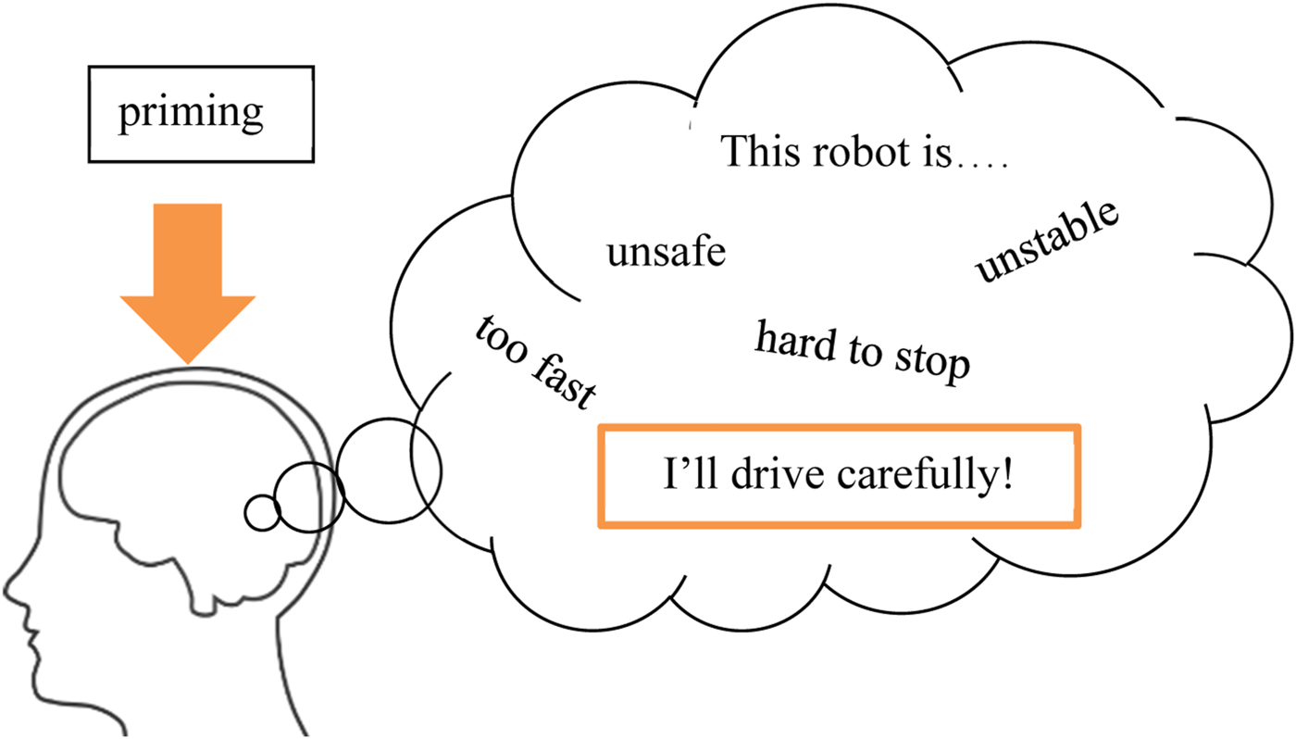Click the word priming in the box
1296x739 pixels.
[x=190, y=113]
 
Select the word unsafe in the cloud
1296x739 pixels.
[x=666, y=251]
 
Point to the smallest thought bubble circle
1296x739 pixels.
[x=261, y=512]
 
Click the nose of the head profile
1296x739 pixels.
[x=11, y=587]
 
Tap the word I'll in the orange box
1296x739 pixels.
[x=689, y=476]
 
